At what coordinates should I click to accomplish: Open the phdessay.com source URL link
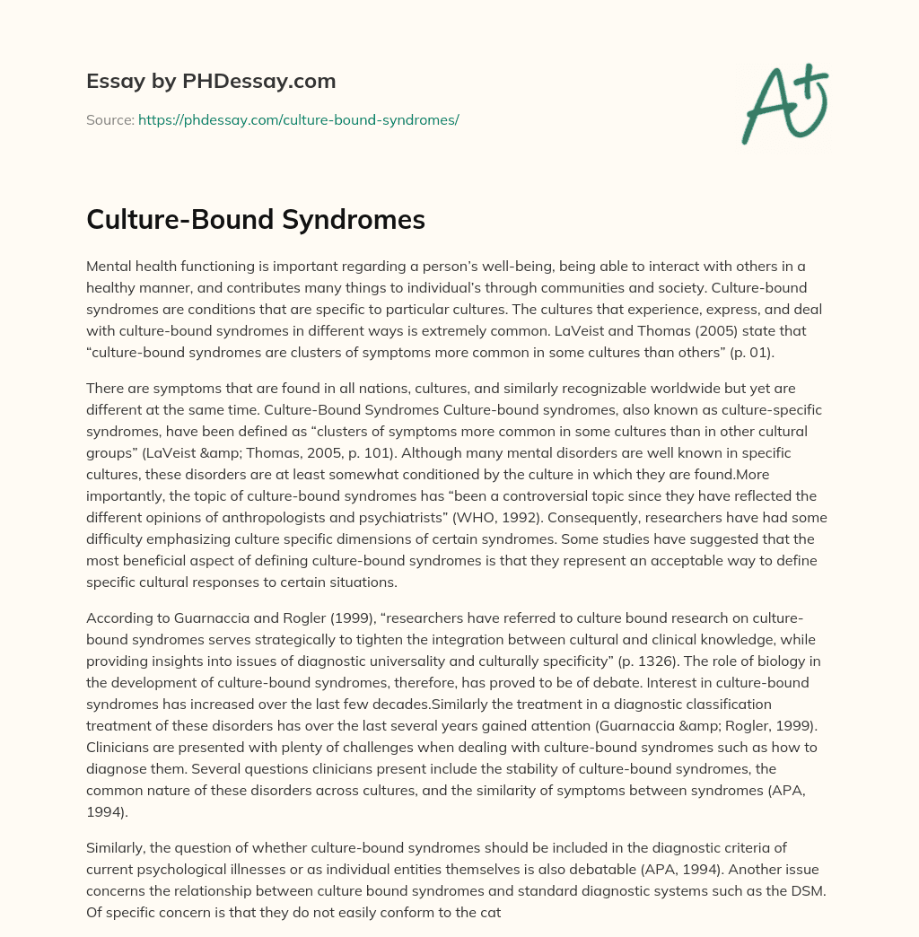(299, 119)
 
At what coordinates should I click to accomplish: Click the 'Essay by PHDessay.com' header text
(211, 82)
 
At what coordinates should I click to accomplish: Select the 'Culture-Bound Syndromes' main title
(256, 221)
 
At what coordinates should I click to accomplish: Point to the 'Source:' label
(109, 119)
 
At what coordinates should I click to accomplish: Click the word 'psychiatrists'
(528, 517)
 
